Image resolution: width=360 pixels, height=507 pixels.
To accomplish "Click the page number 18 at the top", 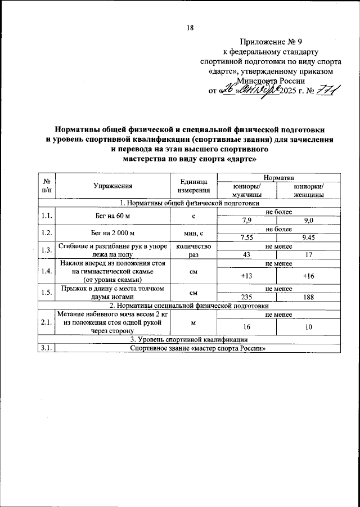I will [x=190, y=29].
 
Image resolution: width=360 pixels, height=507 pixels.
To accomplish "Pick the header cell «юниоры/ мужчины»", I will [x=246, y=190].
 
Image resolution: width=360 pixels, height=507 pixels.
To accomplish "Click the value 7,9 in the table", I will [x=246, y=221].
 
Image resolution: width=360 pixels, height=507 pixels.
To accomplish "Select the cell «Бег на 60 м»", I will [x=114, y=216].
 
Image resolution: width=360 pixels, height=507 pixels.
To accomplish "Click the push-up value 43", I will [x=246, y=255].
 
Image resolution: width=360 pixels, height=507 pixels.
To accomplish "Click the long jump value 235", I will [x=246, y=298].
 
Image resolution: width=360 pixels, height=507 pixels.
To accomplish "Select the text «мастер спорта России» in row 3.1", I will [x=225, y=348].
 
